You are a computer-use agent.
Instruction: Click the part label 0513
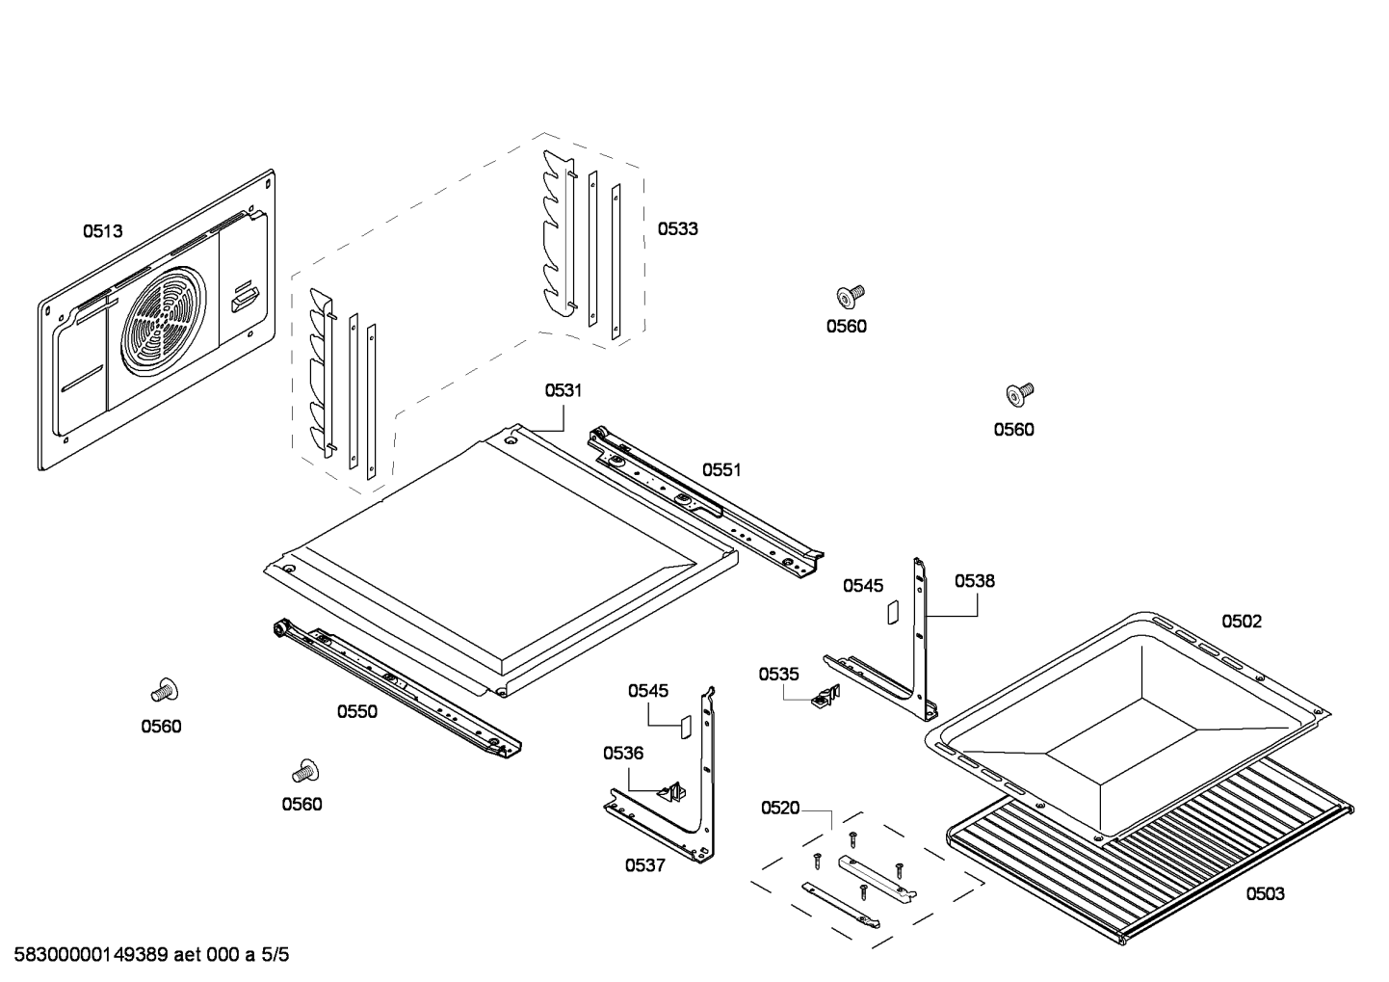pos(102,231)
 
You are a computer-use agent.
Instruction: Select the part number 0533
pos(678,229)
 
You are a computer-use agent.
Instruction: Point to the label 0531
pos(563,390)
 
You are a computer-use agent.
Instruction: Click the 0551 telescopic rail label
pos(721,470)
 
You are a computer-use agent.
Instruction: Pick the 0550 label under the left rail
pos(356,712)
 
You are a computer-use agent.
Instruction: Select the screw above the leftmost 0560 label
pos(165,690)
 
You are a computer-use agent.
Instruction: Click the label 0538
pos(975,581)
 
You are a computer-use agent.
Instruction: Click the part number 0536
pos(623,754)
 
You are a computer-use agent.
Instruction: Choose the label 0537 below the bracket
pos(644,865)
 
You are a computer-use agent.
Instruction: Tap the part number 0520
pos(780,808)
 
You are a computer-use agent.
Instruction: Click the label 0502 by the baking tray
pos(1242,622)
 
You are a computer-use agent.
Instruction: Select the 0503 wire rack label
pos(1265,894)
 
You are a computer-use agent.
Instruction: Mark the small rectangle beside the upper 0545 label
pos(892,611)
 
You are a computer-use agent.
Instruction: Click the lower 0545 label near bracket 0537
pos(648,691)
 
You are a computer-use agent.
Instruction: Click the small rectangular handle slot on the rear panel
pos(244,298)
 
